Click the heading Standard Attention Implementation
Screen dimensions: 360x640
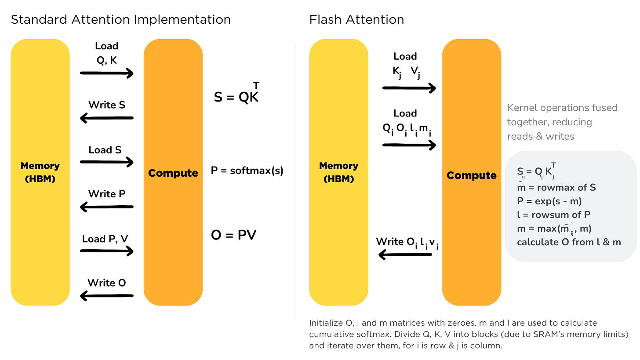coord(120,20)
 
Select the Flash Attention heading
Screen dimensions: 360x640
coord(356,20)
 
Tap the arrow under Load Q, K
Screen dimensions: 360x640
coord(107,73)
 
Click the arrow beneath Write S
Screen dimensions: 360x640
coord(107,118)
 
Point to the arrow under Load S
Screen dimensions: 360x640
coord(107,163)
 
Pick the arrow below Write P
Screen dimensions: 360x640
coord(107,207)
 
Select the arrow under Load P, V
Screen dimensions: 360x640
coord(107,251)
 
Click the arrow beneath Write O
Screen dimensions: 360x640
coord(107,296)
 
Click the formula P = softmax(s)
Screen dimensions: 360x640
coord(247,171)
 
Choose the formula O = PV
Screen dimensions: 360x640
coord(233,235)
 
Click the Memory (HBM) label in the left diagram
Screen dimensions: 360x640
coord(40,172)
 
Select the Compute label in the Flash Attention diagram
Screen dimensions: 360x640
coord(471,175)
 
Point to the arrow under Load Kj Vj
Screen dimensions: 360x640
coord(409,88)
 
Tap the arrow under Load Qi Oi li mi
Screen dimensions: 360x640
coord(409,145)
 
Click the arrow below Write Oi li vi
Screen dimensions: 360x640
coord(405,254)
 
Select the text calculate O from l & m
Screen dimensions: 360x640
coord(569,242)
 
